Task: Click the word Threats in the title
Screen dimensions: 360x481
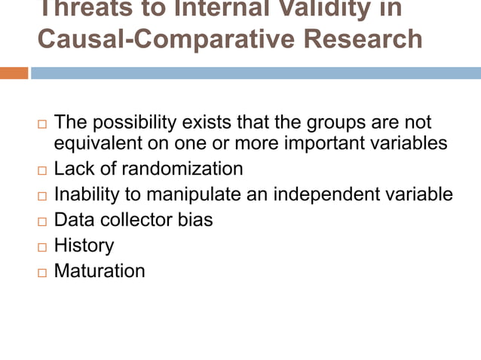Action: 83,9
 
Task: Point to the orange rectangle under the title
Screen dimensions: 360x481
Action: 14,73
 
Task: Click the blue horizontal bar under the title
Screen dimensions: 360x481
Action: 256,73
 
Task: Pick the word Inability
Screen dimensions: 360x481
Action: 87,194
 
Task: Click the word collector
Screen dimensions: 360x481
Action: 139,220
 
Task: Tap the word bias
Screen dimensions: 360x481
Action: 198,220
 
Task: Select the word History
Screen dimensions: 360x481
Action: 84,246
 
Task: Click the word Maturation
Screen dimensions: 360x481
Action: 99,271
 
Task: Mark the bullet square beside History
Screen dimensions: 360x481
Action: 41,247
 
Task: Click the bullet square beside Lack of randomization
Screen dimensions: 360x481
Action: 41,170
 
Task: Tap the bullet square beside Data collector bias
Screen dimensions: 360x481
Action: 41,221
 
